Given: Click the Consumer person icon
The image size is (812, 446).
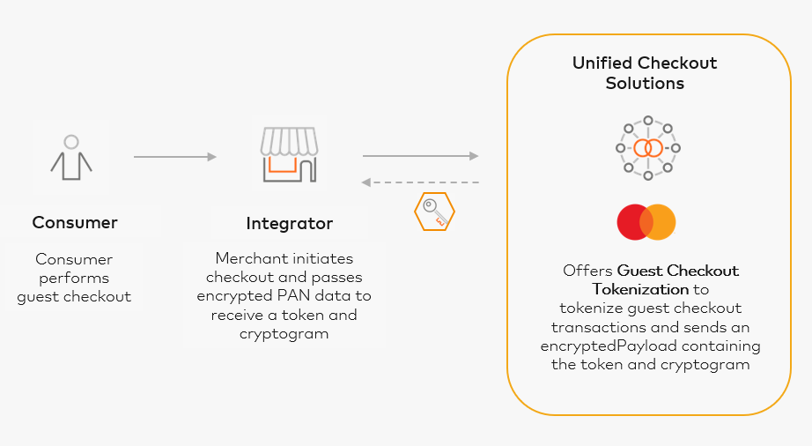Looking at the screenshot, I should point(71,156).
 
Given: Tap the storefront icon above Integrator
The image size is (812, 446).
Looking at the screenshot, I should point(288,155).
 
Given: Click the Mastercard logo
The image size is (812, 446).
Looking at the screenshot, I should point(646,222).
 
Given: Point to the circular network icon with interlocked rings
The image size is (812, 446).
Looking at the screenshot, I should point(647,147).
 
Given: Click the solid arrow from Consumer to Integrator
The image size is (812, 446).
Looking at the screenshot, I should point(174,157).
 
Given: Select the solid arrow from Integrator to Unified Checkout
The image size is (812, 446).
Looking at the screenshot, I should point(420,157).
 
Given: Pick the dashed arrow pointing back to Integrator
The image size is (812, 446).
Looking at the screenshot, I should point(420,182).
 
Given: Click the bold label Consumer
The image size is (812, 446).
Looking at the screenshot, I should point(75,222).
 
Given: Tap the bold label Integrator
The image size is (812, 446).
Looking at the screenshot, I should point(290,224).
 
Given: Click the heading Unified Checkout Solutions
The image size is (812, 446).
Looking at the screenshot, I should point(645,73).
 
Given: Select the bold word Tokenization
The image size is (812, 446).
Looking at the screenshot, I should point(639,289).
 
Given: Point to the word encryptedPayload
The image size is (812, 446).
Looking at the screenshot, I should point(595,346).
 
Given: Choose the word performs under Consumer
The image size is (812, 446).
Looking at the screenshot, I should point(74,278).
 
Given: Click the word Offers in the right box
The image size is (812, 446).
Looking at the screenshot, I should point(587,271).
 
